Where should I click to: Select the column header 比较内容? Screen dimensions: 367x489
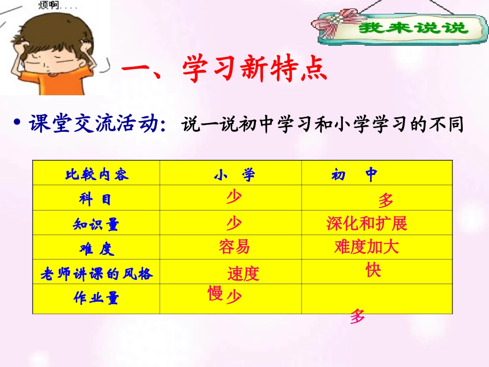pos(97,174)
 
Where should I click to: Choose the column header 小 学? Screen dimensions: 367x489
pos(234,175)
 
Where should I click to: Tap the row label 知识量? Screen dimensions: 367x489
pos(96,224)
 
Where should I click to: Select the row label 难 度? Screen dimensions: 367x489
pos(96,249)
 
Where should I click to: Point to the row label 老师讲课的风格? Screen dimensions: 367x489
pos(97,274)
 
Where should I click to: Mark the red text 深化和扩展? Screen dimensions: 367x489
pos(366,223)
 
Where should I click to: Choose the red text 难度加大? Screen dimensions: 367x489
pos(366,247)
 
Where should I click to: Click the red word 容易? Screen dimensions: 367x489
pos(234,247)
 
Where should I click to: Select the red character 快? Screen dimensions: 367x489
pos(373,270)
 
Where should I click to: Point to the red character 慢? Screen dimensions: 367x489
pos(215,294)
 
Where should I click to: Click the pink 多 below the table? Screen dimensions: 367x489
pos(357,317)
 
